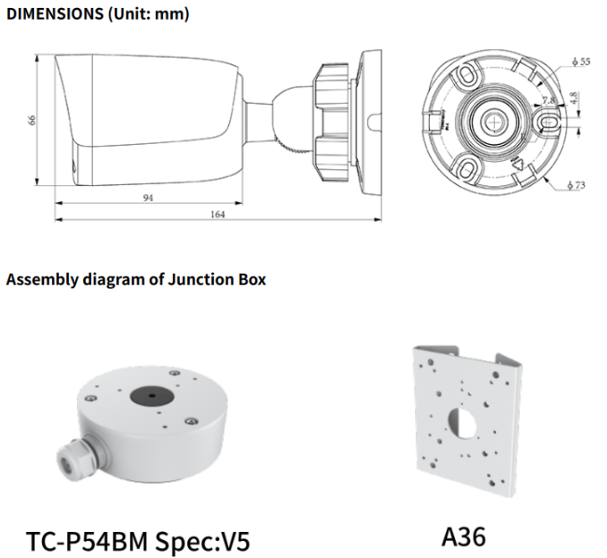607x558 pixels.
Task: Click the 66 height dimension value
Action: pos(32,120)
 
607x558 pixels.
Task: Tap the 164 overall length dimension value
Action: pos(218,215)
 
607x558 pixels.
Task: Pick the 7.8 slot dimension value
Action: pos(548,101)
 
